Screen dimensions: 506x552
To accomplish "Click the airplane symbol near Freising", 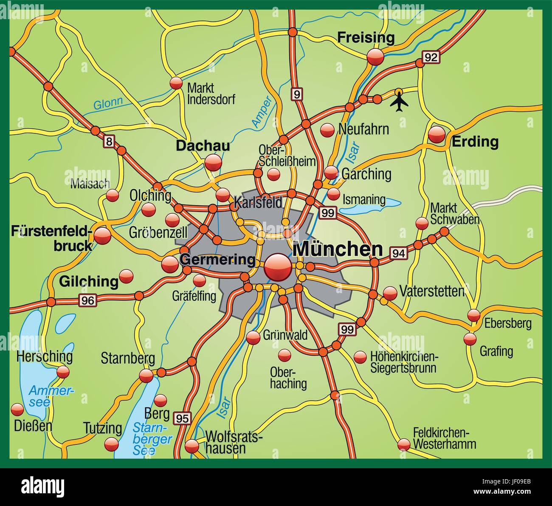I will (x=399, y=102).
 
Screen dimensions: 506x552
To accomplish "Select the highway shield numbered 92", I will (x=431, y=57).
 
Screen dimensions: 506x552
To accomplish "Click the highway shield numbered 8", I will (x=109, y=142).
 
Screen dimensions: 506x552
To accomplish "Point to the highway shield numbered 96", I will (x=88, y=300).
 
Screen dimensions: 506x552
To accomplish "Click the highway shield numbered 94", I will (x=398, y=253).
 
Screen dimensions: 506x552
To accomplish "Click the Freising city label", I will (x=366, y=38).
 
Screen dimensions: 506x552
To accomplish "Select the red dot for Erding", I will (x=437, y=135).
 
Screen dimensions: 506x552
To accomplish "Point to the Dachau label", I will (x=203, y=146).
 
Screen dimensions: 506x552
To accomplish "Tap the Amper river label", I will (x=261, y=112).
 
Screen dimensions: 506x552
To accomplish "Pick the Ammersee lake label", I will (x=45, y=396).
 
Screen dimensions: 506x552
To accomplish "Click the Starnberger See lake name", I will (x=151, y=439).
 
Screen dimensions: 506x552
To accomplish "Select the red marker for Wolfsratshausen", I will (x=192, y=446).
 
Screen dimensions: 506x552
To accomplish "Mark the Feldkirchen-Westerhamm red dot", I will (x=404, y=444).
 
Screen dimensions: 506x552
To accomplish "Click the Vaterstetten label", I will (x=432, y=291).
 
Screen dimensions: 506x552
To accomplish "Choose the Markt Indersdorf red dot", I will (x=176, y=83).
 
